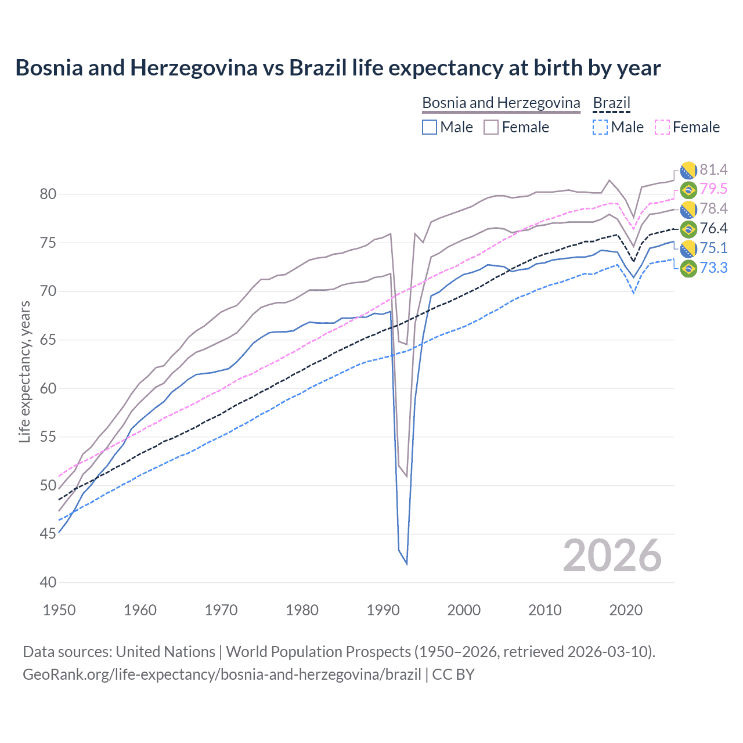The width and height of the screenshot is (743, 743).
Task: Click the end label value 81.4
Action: pos(713,169)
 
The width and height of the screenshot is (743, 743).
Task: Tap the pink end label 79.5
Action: pos(713,189)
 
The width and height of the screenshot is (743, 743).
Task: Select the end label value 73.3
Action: pos(713,268)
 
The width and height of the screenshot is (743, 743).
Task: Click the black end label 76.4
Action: pos(713,228)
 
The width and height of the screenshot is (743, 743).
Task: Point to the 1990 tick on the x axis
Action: pos(383,610)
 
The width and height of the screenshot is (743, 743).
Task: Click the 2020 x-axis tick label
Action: pos(626,610)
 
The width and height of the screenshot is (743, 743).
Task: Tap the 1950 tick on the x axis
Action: pos(59,610)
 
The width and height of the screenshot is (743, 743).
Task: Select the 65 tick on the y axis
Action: pos(48,340)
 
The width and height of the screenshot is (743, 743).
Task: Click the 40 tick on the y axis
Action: pos(48,582)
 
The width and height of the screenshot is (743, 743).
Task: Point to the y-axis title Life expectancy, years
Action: pos(24,371)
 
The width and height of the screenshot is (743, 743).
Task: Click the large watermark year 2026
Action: pos(612,556)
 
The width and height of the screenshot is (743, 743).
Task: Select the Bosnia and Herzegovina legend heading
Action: pos(501,103)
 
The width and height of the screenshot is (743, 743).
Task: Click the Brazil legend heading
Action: pos(611,103)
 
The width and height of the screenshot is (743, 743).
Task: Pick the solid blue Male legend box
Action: pos(430,127)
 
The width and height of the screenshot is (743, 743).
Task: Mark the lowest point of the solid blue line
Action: pos(406,564)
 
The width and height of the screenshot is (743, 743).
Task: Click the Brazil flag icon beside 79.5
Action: pos(688,190)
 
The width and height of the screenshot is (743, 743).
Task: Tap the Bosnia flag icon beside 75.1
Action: pos(688,248)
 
